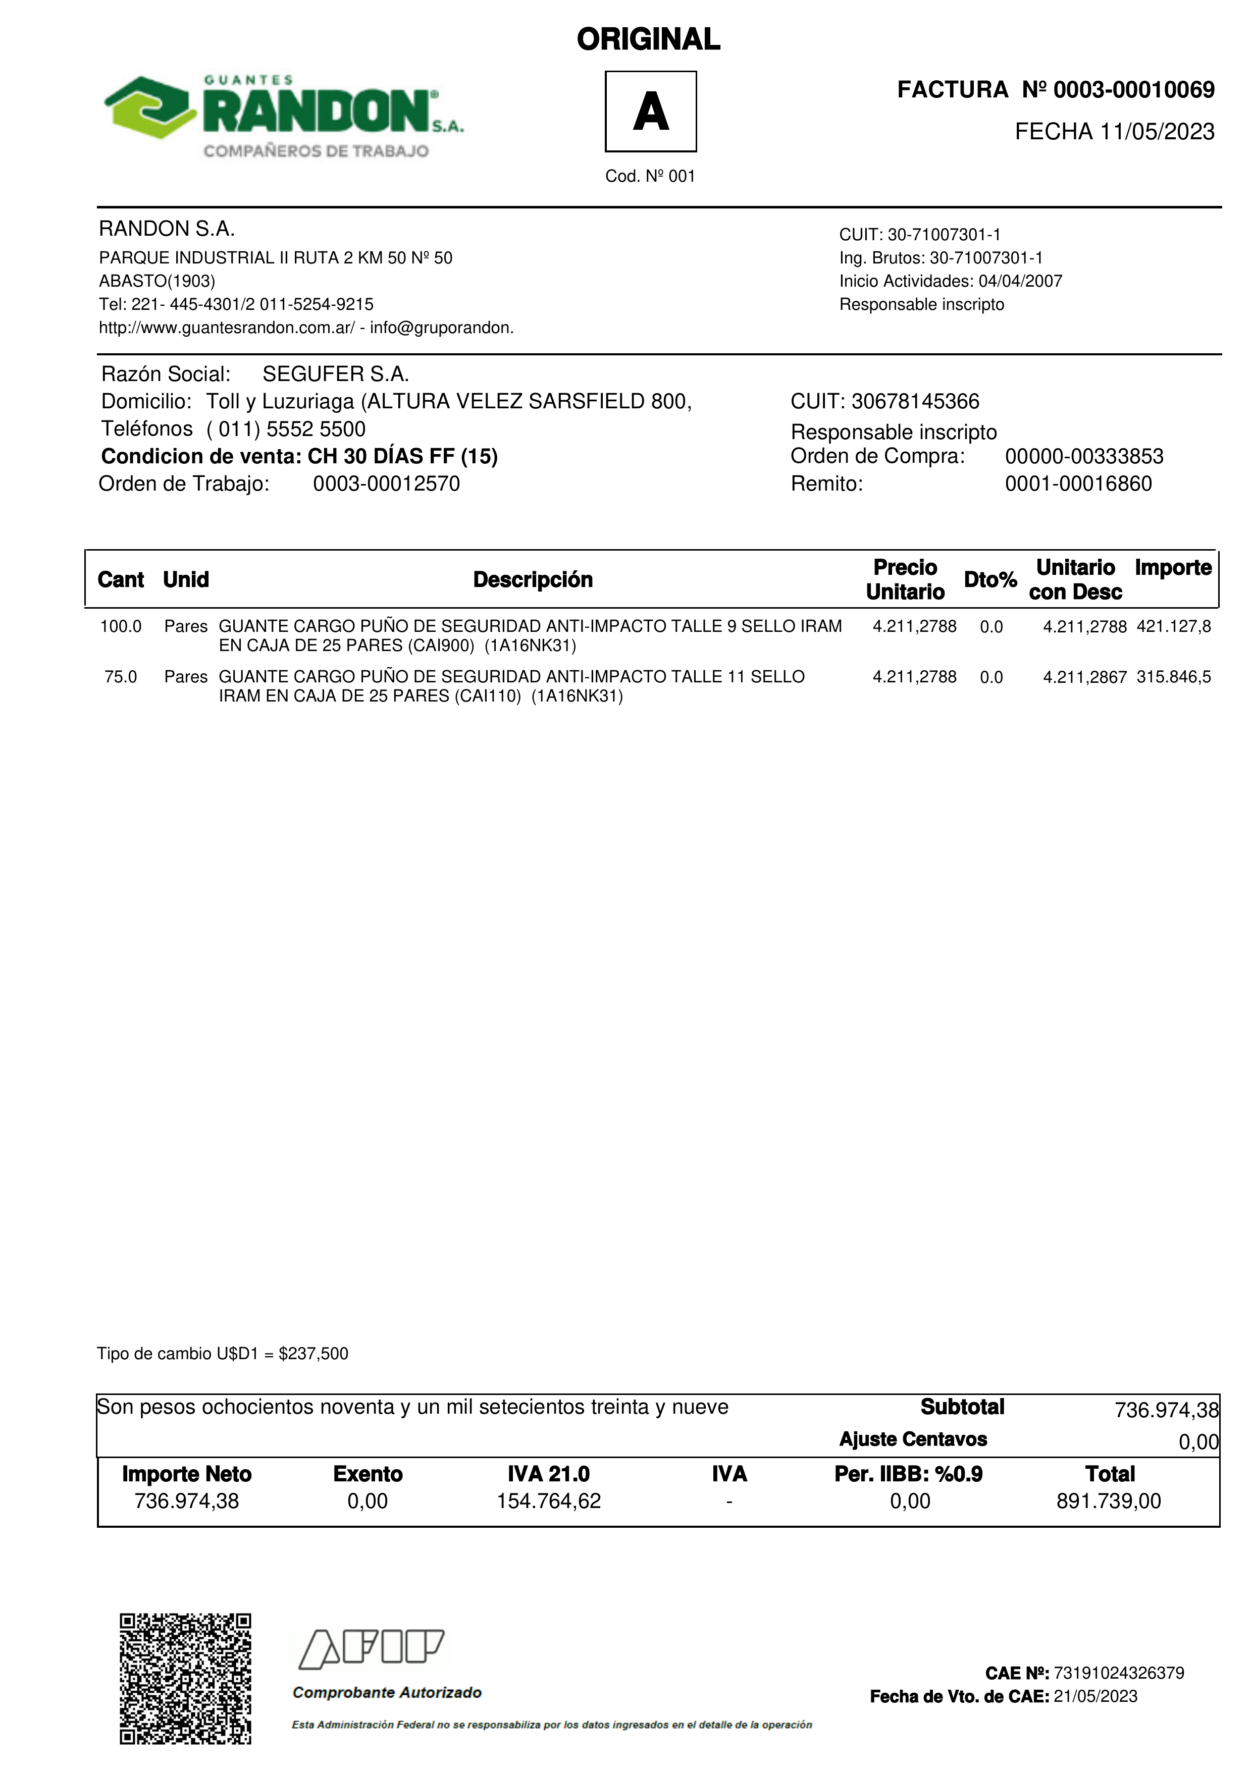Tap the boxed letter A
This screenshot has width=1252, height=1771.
point(650,111)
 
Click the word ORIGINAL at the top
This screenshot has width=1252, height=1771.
point(648,39)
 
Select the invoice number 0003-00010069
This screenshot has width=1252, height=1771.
point(1133,90)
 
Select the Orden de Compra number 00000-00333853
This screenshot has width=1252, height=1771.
point(1084,457)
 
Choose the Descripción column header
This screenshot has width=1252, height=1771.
point(532,580)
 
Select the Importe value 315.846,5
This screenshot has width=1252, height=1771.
point(1173,677)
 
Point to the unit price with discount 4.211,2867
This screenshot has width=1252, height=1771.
point(1084,677)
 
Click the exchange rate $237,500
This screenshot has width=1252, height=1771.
point(313,1354)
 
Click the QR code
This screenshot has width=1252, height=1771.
point(185,1679)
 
